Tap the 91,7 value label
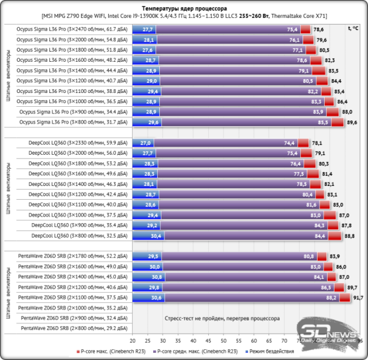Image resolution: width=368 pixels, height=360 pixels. point(358,298)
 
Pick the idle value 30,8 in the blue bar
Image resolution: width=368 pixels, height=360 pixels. point(157,277)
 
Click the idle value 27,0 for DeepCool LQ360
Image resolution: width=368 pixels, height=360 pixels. point(145,143)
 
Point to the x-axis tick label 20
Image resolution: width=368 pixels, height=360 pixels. point(133,340)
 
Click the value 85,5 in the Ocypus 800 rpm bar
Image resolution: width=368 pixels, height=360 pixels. point(323,122)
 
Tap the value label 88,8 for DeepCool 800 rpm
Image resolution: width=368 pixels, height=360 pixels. point(349,236)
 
